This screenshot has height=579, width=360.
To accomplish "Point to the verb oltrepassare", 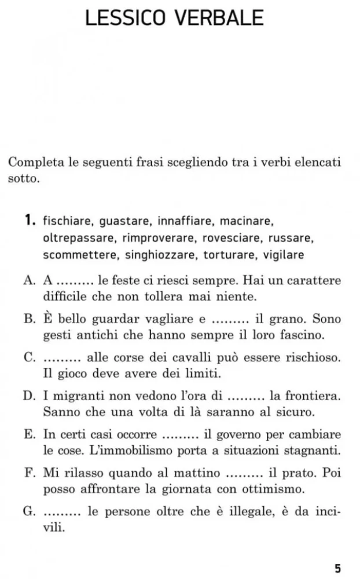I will pyautogui.click(x=79, y=238).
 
